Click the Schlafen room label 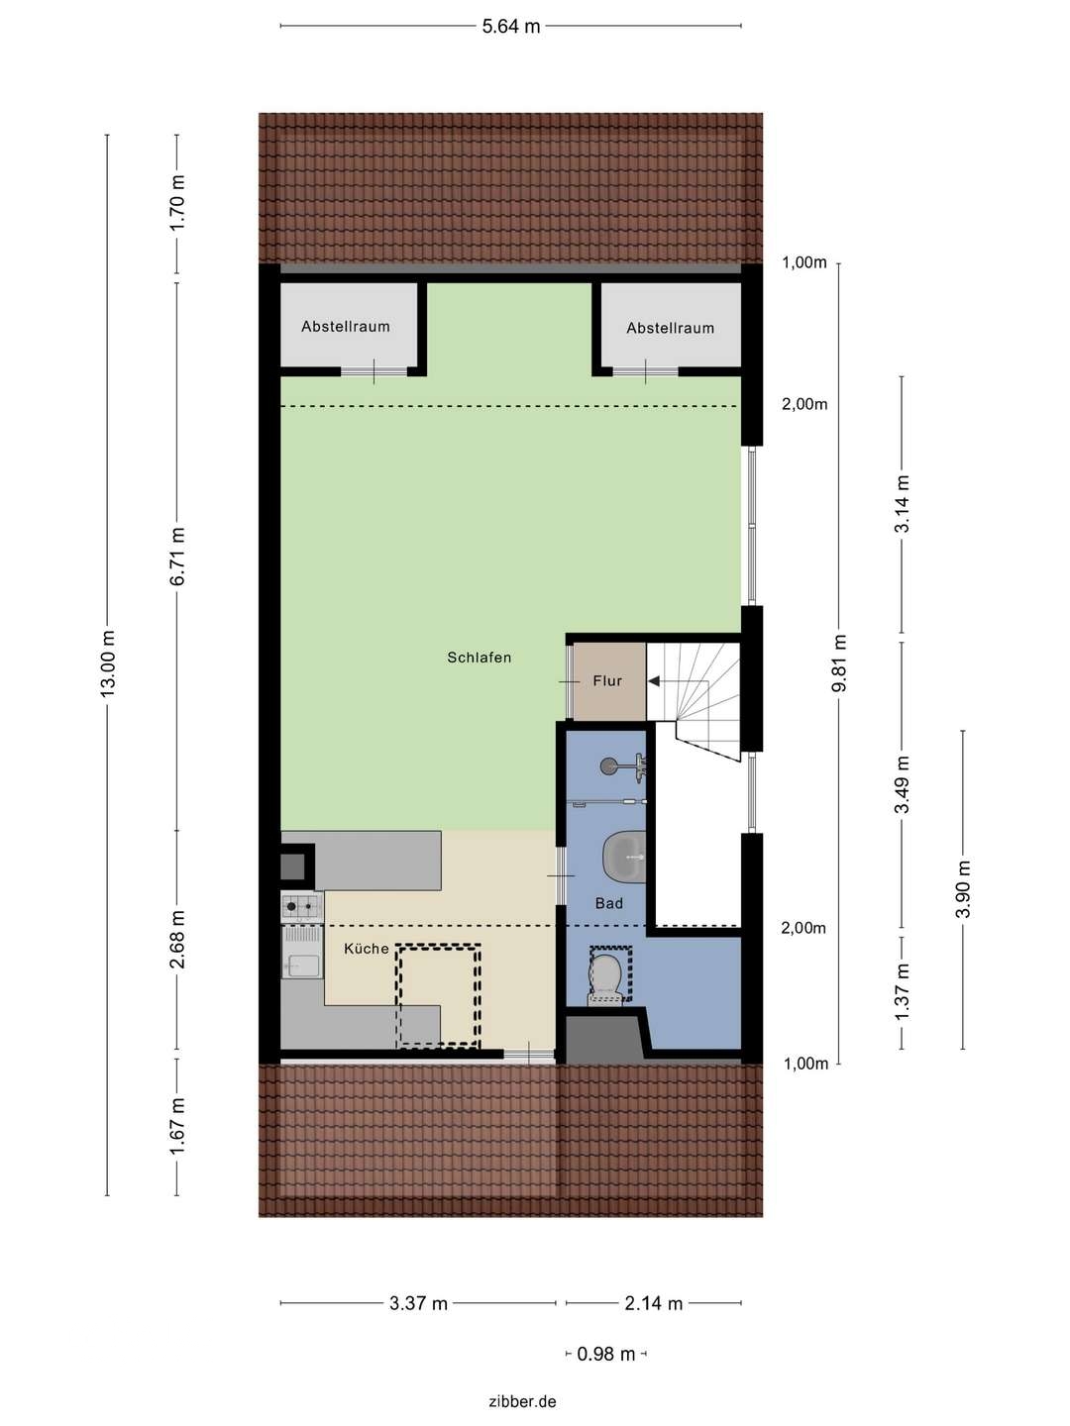[x=479, y=658]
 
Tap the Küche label [x=366, y=949]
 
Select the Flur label [x=607, y=681]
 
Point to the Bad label [x=609, y=903]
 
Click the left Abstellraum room [x=346, y=327]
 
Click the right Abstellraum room [x=670, y=328]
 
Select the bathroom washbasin [x=623, y=856]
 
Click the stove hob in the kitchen [x=302, y=905]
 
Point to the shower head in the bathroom [x=610, y=764]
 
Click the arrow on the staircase [x=655, y=681]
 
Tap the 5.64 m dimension [x=511, y=27]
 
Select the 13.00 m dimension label [x=108, y=663]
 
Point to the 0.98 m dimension [x=606, y=1354]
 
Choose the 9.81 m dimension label [x=839, y=663]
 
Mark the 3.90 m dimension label [x=963, y=889]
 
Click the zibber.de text [x=522, y=1401]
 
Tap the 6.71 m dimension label [x=178, y=557]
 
